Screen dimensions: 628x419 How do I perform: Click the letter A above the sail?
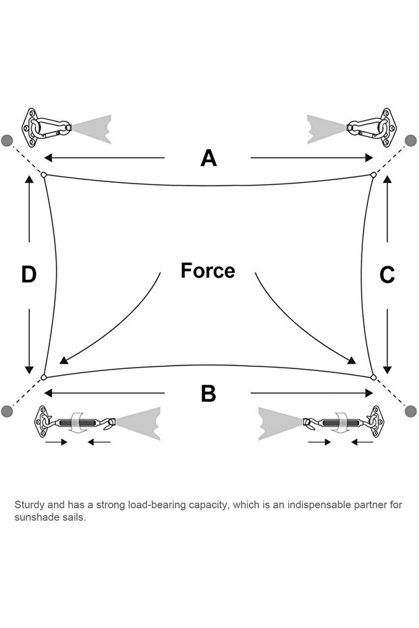click(x=208, y=158)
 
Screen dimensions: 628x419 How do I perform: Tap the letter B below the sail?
click(x=208, y=393)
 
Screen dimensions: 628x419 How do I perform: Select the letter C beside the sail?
click(x=387, y=275)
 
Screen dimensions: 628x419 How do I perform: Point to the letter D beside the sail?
click(x=28, y=275)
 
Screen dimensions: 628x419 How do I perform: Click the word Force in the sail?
click(x=208, y=270)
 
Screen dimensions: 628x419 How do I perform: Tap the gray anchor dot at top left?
click(x=7, y=140)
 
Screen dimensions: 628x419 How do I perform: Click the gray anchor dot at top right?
click(x=411, y=140)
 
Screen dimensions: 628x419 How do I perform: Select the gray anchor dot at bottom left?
click(x=7, y=411)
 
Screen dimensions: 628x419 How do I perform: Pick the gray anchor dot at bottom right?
click(x=411, y=411)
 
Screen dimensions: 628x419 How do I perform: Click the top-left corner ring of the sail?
click(x=44, y=175)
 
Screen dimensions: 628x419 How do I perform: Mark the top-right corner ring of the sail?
click(x=373, y=175)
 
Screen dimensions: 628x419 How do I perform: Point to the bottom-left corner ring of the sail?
click(x=44, y=376)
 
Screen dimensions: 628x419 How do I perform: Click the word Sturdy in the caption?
click(x=28, y=504)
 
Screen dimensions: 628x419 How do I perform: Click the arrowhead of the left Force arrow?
click(x=63, y=360)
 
